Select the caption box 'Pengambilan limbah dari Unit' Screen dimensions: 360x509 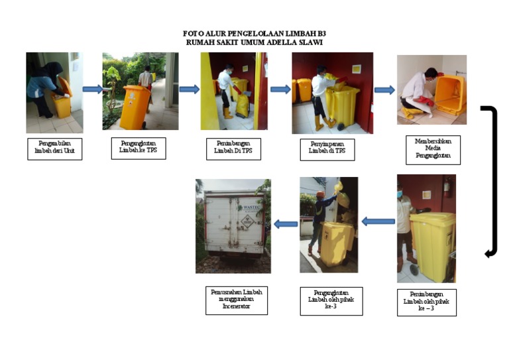tap(54, 149)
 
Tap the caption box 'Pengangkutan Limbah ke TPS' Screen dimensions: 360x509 tap(139, 148)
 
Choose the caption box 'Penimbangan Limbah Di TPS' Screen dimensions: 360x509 tap(233, 149)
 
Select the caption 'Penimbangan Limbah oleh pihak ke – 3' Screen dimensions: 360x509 tap(427, 302)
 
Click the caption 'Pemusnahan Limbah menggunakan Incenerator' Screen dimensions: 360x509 tap(233, 298)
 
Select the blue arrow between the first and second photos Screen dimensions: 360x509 tap(92, 89)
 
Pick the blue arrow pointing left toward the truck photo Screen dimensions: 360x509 tap(286, 224)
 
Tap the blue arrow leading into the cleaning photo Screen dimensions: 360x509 tap(384, 90)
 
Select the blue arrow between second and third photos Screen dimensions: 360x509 tap(189, 90)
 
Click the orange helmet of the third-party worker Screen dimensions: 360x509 tap(320, 195)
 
